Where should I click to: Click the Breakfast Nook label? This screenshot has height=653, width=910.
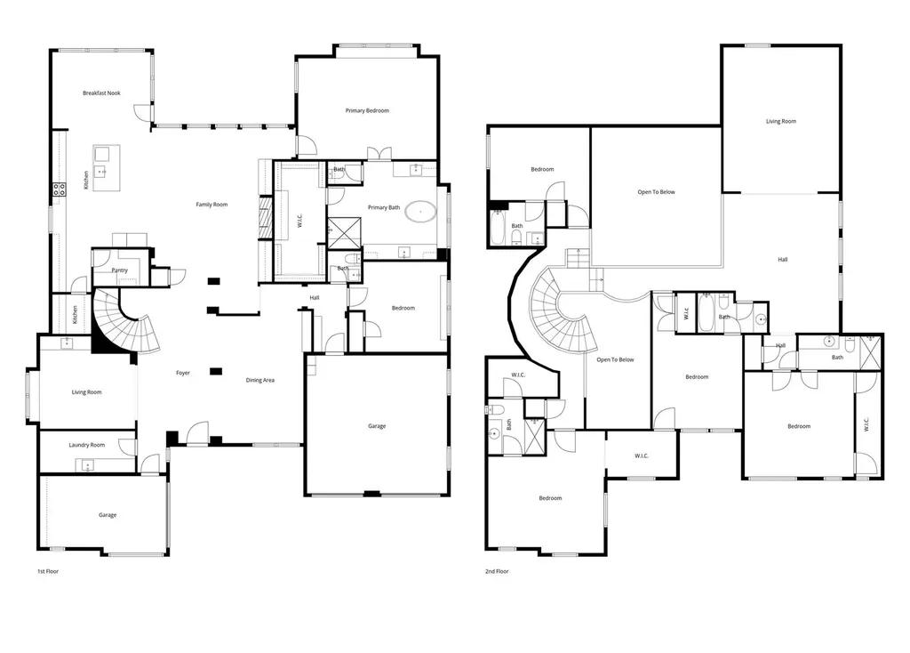(x=101, y=93)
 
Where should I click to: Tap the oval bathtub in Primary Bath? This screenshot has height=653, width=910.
(x=420, y=212)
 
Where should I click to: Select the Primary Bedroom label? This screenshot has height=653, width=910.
(x=367, y=110)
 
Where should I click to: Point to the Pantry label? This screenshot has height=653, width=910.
(x=120, y=270)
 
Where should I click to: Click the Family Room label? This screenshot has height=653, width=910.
(x=212, y=205)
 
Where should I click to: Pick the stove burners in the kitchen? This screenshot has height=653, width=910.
(x=60, y=189)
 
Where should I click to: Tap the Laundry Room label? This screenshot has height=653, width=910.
(x=87, y=445)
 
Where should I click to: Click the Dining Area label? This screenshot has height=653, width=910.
(x=260, y=381)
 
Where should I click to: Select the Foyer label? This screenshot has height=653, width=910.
(x=183, y=373)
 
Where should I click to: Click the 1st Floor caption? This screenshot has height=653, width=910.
(x=48, y=571)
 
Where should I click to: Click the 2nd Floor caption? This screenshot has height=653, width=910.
(x=497, y=571)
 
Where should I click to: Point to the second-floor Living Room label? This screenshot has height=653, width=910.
(x=780, y=121)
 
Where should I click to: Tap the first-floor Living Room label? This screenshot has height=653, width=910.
(x=86, y=392)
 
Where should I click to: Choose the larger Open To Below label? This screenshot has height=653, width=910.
(x=657, y=191)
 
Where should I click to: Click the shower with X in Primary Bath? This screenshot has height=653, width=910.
(x=344, y=234)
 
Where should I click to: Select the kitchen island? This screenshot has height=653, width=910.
(x=107, y=168)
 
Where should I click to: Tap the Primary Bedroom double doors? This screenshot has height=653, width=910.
(x=379, y=153)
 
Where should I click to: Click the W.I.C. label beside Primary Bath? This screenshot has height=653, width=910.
(x=300, y=220)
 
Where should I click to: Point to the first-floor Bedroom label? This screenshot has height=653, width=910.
(x=403, y=308)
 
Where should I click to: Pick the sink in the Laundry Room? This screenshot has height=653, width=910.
(x=87, y=465)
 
